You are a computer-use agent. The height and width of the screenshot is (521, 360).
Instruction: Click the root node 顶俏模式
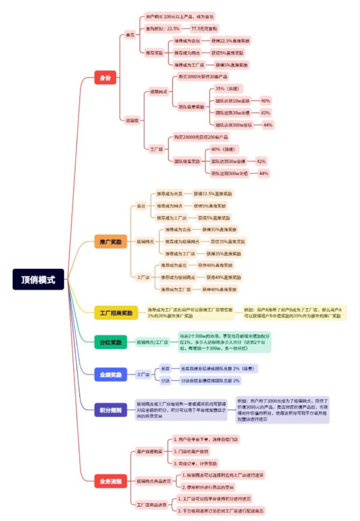38,280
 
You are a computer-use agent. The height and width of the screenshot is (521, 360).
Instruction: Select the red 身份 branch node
105,78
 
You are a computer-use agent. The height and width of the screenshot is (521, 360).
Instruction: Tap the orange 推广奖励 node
111,242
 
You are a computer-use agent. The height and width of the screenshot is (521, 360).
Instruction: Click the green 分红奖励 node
111,342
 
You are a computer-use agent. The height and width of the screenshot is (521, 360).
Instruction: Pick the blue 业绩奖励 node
111,375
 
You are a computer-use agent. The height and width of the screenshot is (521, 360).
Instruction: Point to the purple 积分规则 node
111,410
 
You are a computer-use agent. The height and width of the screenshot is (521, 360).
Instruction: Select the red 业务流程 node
111,481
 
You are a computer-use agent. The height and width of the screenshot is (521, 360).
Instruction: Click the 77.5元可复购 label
205,28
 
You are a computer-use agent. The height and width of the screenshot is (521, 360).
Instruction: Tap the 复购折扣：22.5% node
163,28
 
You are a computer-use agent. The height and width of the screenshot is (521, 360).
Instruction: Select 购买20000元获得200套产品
201,137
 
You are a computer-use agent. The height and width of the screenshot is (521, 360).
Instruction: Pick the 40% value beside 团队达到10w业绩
266,101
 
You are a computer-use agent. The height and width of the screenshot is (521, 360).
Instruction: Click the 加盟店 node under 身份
132,120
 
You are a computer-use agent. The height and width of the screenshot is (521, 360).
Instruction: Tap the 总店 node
165,368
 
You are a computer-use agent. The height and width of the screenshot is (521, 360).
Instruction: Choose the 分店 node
165,381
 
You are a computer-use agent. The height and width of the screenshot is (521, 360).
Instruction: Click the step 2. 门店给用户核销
191,451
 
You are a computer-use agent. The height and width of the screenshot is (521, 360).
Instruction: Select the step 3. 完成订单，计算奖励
196,463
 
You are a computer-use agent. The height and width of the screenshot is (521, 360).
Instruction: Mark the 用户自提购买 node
149,451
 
